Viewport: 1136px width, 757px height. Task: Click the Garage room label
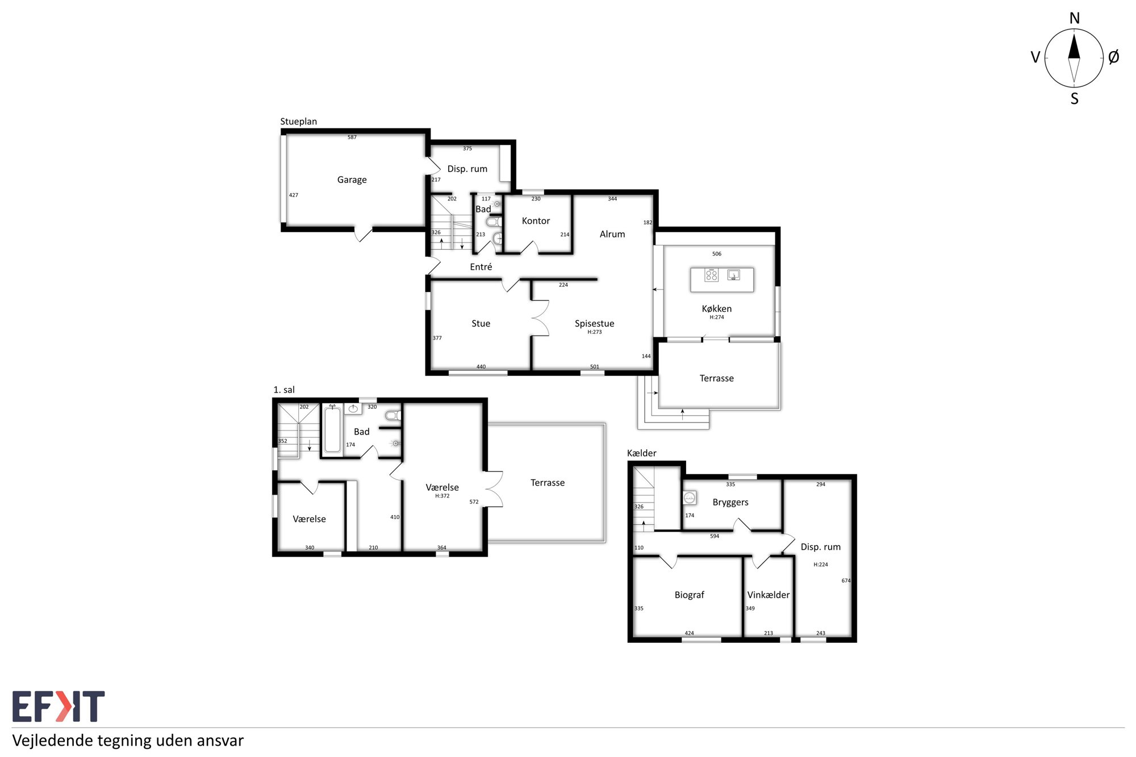pos(352,180)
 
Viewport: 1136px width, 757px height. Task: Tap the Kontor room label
pos(536,221)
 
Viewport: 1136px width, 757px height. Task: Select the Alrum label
pos(612,234)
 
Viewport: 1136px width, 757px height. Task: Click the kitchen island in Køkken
pos(722,279)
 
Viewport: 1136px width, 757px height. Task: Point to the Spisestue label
pos(594,324)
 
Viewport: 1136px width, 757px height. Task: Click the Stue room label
pos(481,324)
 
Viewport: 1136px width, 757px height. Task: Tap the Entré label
pos(481,267)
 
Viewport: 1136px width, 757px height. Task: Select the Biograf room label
pos(689,595)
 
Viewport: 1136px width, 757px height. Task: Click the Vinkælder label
pos(769,595)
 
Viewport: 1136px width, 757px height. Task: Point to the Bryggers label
pos(730,503)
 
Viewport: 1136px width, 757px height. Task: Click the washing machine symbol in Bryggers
pos(690,498)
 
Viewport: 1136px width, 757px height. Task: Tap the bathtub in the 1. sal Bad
pos(332,431)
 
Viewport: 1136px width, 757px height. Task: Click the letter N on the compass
pos(1074,18)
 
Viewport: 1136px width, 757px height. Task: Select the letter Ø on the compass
pos(1113,57)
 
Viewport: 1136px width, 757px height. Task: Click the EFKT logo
pos(59,706)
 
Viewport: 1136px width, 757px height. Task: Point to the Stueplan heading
pos(298,122)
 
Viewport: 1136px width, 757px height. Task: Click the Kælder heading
pos(641,453)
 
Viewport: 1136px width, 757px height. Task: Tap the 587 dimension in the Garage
pos(352,137)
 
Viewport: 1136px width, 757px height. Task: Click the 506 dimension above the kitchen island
pos(717,254)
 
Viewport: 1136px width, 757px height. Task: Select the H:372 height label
pos(442,496)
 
